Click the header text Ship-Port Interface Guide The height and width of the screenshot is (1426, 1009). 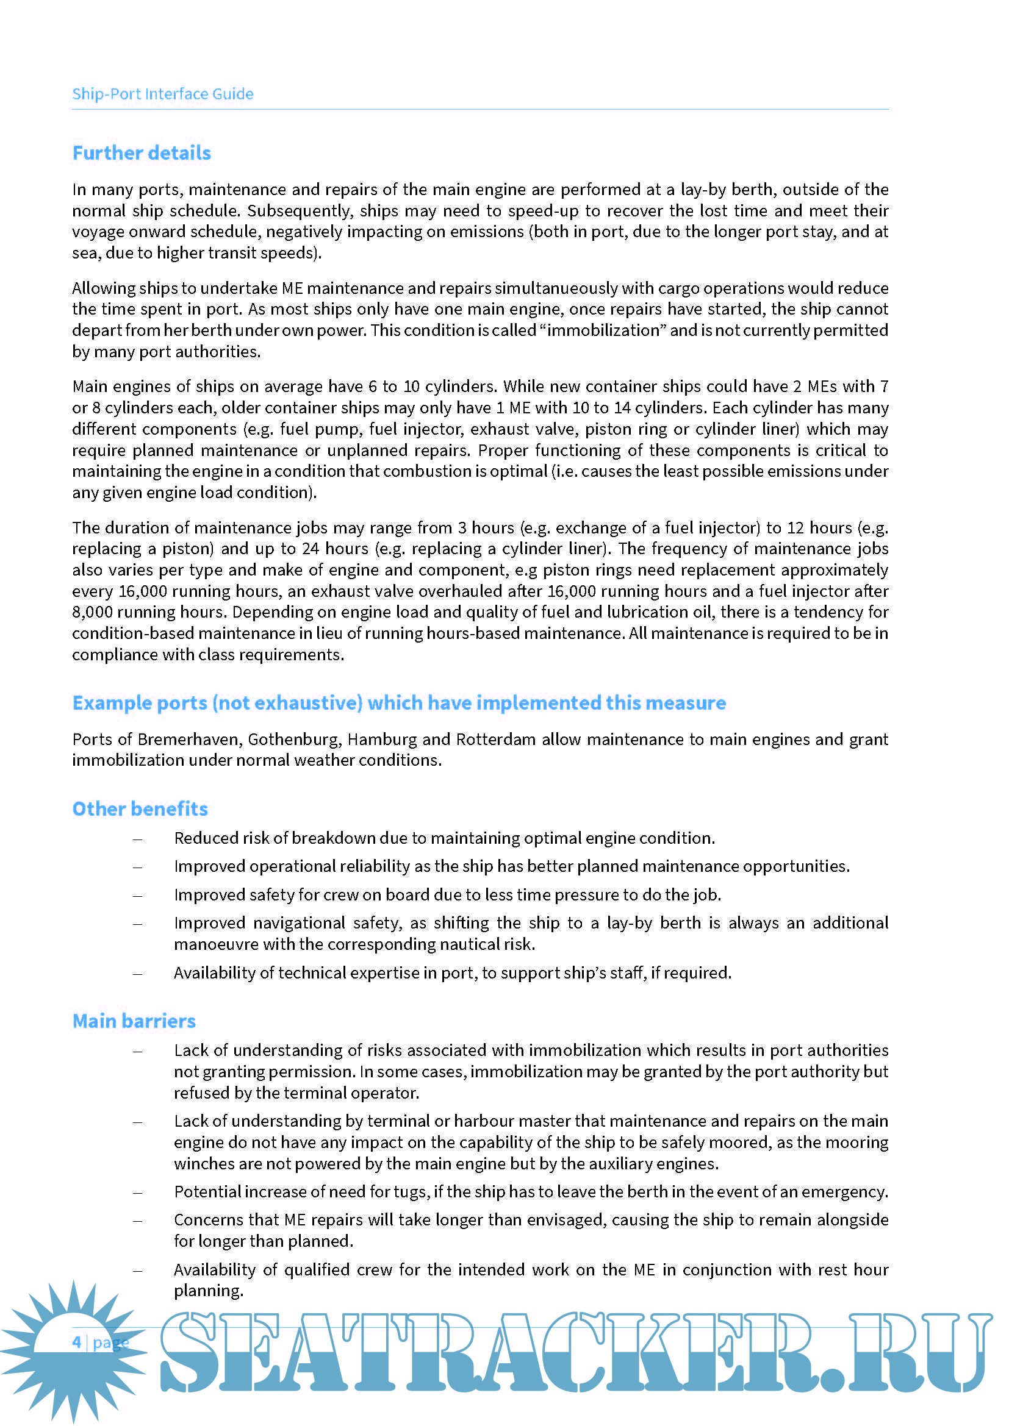point(162,94)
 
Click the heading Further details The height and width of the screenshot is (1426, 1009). point(142,153)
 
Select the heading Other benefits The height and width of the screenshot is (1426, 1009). point(140,808)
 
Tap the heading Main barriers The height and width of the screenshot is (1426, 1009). point(134,1021)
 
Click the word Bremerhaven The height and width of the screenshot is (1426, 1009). point(190,739)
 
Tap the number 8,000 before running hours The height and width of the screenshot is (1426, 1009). point(92,612)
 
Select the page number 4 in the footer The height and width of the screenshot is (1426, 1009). point(76,1342)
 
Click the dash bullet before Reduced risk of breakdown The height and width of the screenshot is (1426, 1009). point(137,839)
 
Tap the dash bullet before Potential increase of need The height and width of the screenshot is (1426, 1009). point(137,1192)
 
